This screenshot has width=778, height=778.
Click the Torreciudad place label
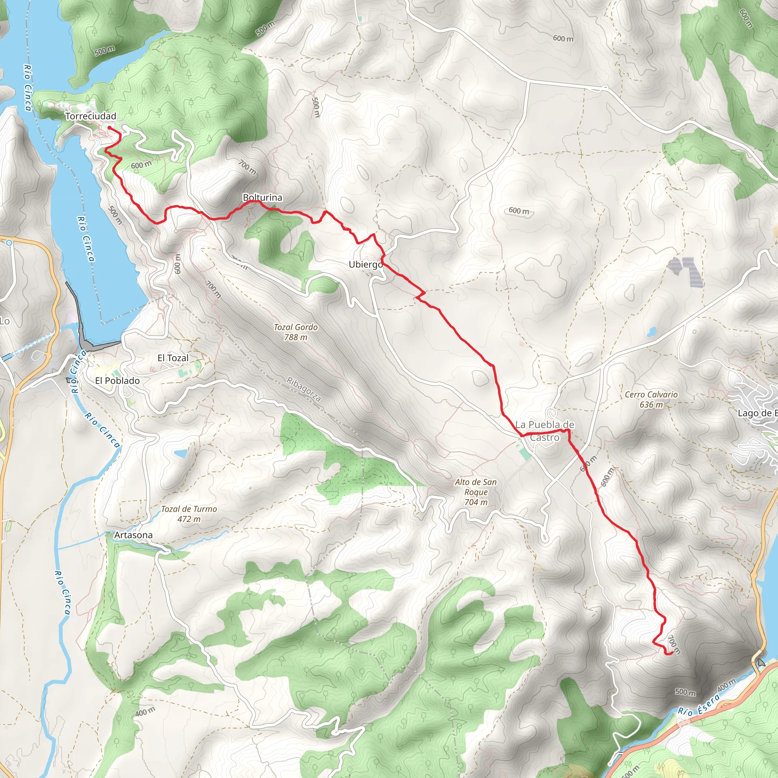91,116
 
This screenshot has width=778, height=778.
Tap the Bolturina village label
262,197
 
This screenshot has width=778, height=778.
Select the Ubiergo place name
366,264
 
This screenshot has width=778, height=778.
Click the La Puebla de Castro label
544,431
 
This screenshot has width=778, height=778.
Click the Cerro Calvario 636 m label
651,400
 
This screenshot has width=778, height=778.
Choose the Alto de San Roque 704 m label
476,492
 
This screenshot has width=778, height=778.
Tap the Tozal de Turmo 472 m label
189,514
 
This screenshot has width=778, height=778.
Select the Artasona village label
133,535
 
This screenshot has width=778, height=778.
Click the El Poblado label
117,381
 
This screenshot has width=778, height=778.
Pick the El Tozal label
173,358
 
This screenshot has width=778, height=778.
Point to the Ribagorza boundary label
304,389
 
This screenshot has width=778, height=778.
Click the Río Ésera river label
698,705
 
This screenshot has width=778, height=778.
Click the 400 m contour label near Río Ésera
726,685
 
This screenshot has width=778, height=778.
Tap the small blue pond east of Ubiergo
651,333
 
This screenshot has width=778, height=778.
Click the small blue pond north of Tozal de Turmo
180,454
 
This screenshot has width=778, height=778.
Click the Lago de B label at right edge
757,413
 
